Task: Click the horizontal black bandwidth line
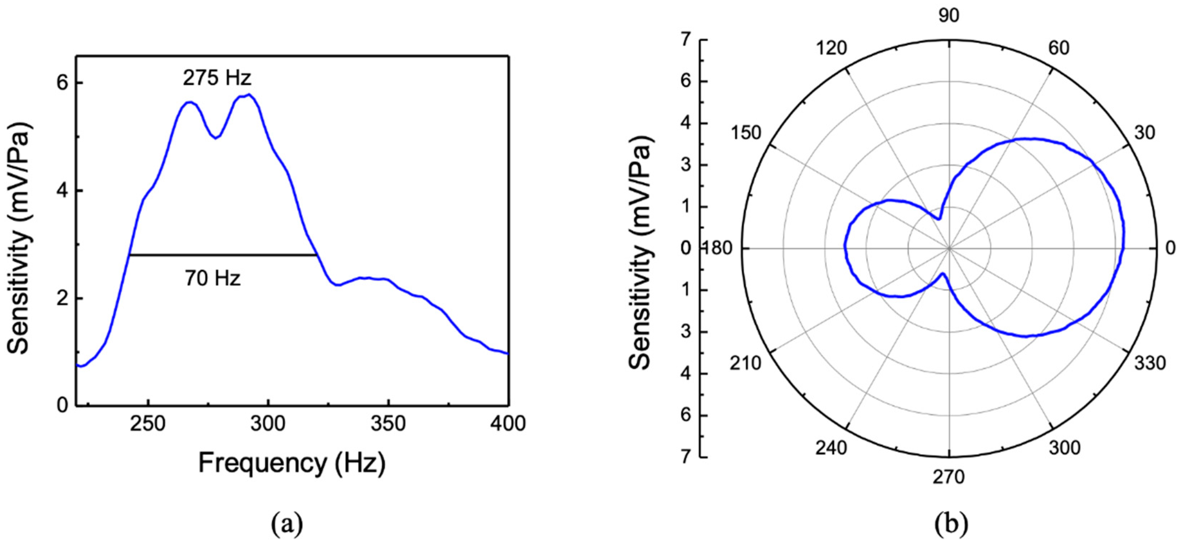coord(223,255)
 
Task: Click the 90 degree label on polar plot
coord(949,16)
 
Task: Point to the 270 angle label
coord(948,478)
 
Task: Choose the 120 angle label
coord(831,48)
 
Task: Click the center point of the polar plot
coord(949,248)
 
